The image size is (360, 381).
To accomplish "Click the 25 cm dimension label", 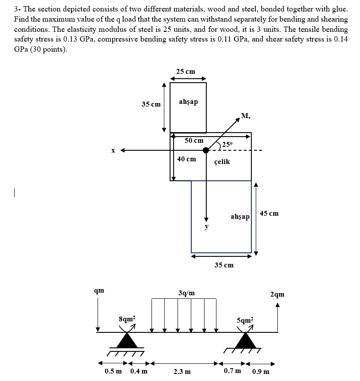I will tap(186, 71).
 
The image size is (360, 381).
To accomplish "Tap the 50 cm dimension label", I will tap(194, 141).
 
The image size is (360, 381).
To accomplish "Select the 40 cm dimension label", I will tap(186, 159).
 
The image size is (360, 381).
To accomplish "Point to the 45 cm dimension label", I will tap(269, 213).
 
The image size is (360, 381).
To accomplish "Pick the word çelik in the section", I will tap(222, 162).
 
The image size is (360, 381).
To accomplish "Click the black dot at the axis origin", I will tap(206, 150).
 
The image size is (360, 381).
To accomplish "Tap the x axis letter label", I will tap(113, 150).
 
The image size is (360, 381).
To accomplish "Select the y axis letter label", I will tap(205, 227).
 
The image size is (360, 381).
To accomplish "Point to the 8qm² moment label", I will tap(128, 318).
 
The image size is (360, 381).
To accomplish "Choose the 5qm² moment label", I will tap(245, 319).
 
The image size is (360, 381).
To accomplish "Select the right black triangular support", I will tap(246, 340).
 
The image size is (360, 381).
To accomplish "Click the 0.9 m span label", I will tap(260, 372).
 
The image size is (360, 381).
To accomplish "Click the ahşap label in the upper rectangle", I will tap(189, 102).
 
